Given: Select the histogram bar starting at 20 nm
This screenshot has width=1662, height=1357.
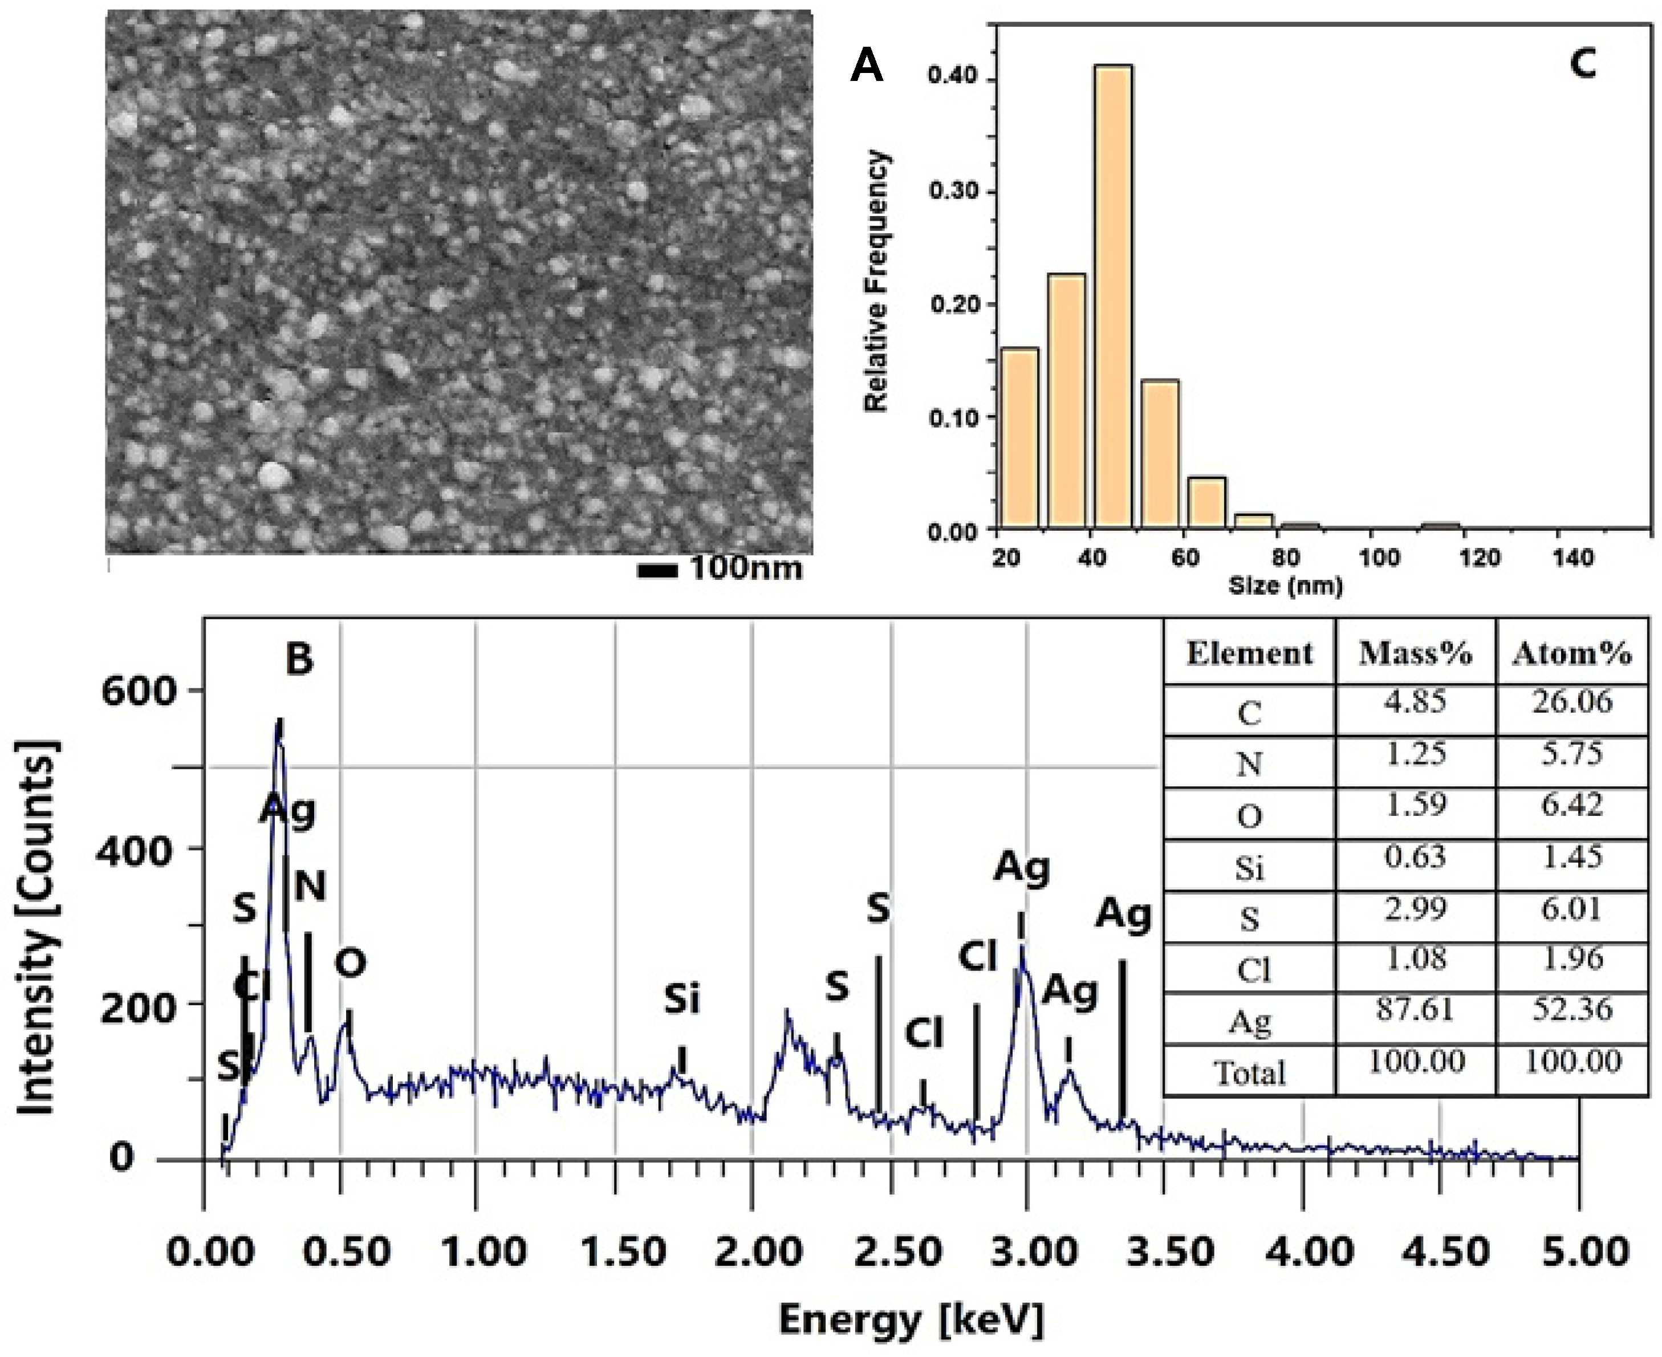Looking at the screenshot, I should (1019, 438).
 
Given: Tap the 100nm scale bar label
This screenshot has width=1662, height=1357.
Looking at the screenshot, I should (746, 568).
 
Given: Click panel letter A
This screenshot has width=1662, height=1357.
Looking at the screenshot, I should (866, 66).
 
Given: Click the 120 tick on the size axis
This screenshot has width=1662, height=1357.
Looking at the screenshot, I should (1481, 558).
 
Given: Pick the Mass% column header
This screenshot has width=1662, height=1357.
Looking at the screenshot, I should (1415, 653).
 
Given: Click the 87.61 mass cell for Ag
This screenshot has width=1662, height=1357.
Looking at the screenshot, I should (1415, 1010).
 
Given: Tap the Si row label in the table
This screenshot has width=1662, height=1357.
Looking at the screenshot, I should (1249, 868).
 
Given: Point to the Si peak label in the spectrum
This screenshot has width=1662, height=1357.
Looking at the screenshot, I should (682, 1000).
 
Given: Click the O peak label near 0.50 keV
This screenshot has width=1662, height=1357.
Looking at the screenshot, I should (350, 963).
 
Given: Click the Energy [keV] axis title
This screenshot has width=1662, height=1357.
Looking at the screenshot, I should (911, 1321).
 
